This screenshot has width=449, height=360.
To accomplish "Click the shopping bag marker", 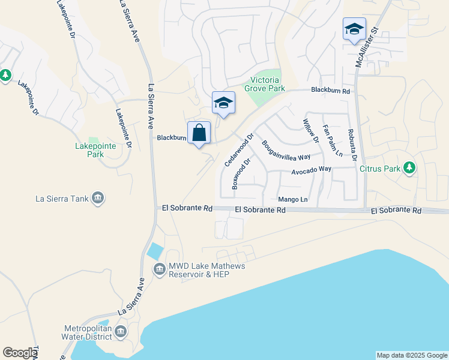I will click(199, 133).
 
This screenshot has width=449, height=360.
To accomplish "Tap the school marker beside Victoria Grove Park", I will click(223, 103).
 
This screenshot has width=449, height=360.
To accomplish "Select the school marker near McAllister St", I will click(354, 29).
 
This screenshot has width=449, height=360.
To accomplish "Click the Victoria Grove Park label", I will click(264, 84).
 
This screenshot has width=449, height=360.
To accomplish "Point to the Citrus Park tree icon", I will click(410, 167).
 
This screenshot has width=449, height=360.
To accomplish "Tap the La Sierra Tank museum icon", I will click(99, 198).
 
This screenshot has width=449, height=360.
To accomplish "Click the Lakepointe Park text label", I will click(91, 150).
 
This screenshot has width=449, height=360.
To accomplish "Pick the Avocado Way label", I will click(312, 170).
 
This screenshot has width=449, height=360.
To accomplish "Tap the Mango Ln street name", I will click(293, 199).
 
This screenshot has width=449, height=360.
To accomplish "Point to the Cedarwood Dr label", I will click(236, 152).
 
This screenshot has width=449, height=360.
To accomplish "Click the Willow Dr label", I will click(310, 131).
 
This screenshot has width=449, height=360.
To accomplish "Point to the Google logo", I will click(20, 353).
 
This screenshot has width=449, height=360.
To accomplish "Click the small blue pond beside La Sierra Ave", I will click(155, 251).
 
